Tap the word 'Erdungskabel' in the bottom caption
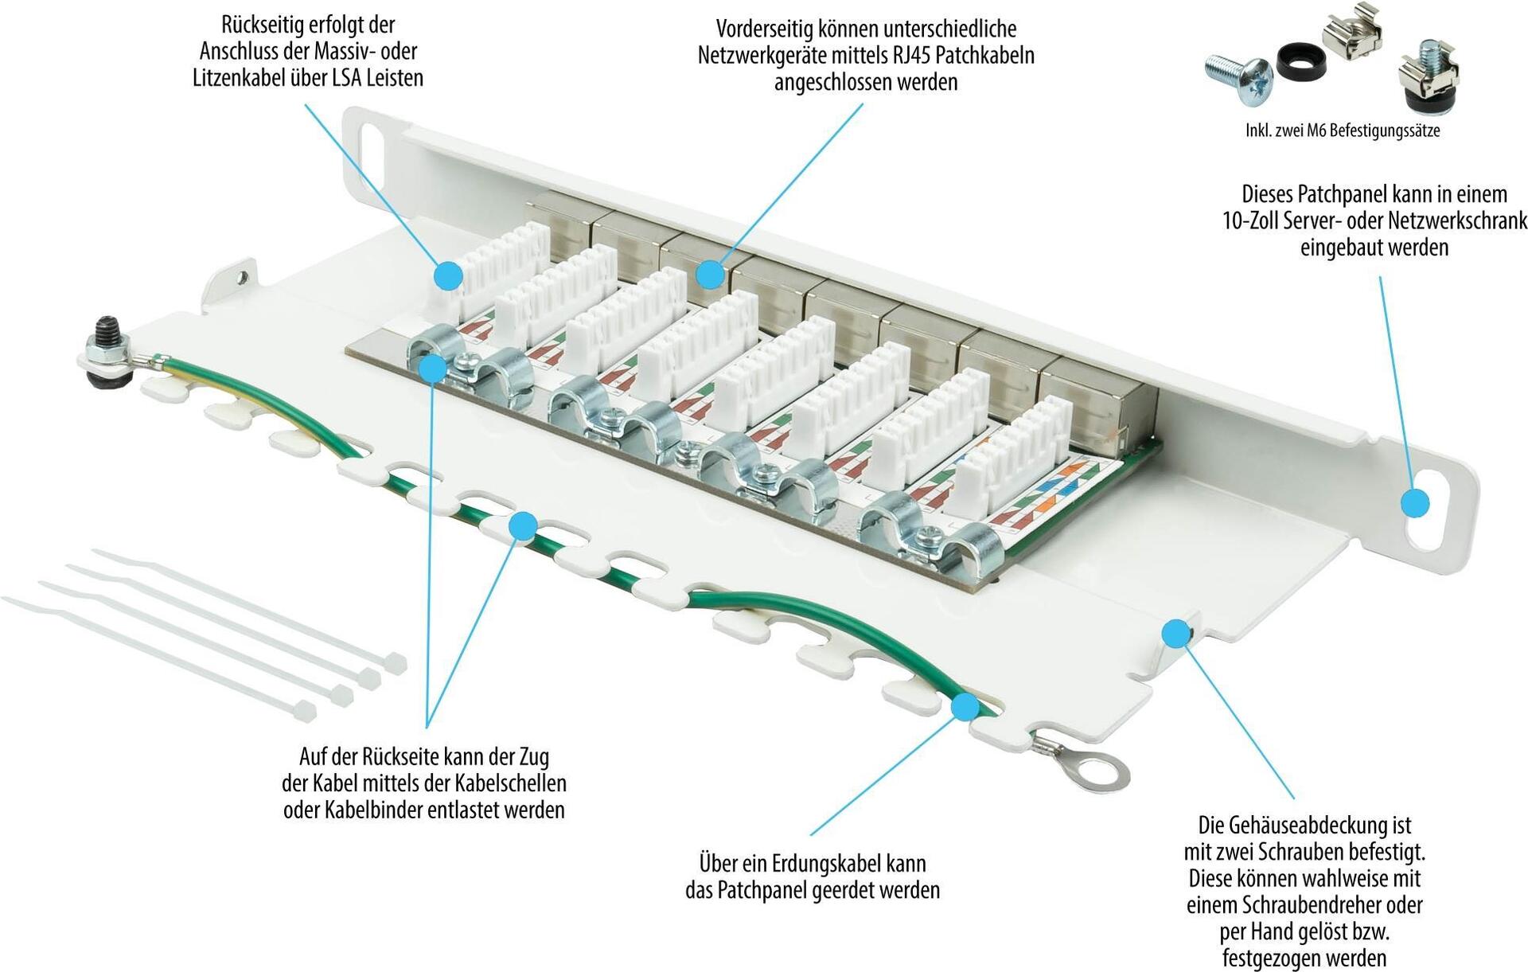813,863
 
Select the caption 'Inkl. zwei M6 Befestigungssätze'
1343,131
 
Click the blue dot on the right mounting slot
1414,503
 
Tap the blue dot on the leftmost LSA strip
449,275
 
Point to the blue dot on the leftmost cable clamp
432,369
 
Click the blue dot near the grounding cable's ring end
965,707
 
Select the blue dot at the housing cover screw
1175,634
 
